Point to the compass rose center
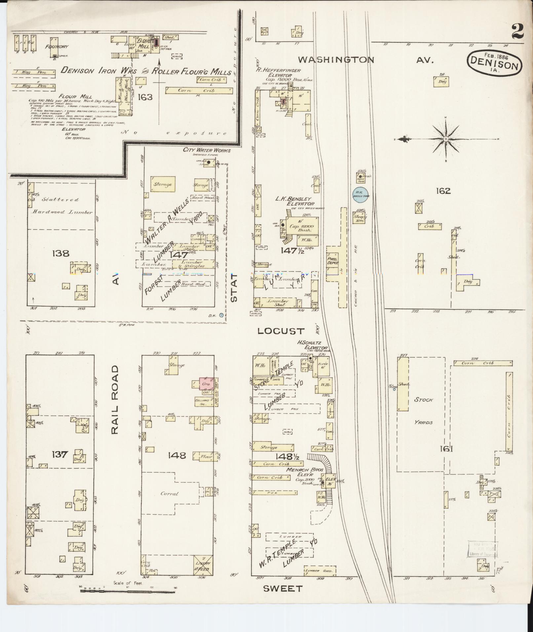click(x=445, y=139)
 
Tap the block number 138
click(x=61, y=253)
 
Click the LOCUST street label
click(x=281, y=331)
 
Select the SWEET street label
click(x=283, y=588)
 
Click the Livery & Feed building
click(x=203, y=564)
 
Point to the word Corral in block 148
click(x=169, y=494)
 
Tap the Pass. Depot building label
click(x=332, y=261)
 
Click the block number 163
click(x=145, y=97)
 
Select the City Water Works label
click(x=207, y=150)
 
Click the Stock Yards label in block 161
click(x=424, y=411)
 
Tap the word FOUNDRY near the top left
click(x=57, y=47)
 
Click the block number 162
click(x=443, y=191)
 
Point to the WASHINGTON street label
click(x=336, y=60)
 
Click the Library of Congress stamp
click(x=482, y=549)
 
